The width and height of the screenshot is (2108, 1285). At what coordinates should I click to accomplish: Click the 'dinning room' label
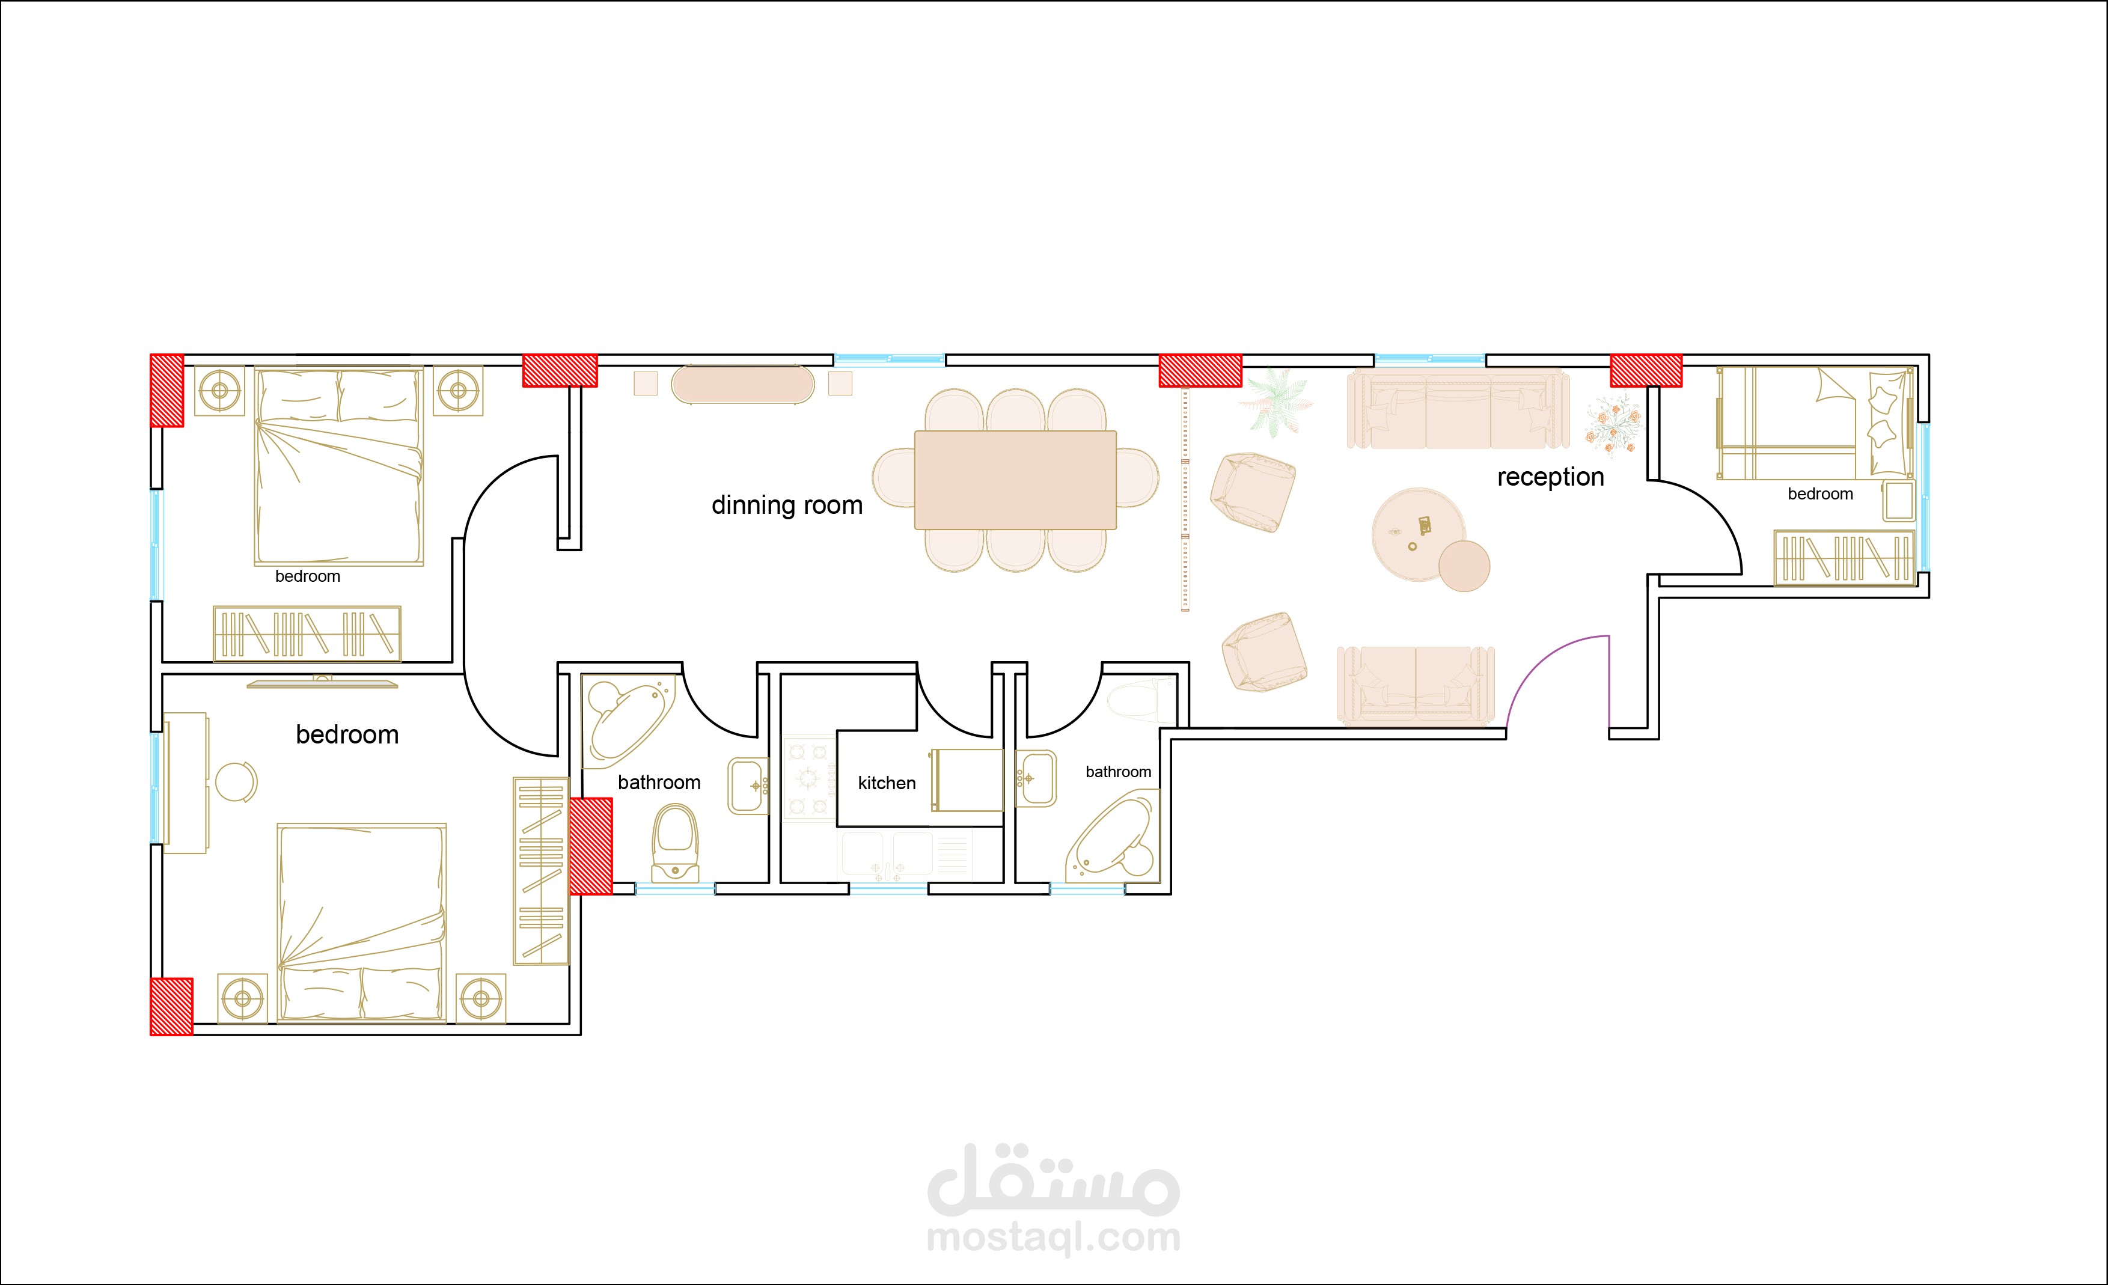pyautogui.click(x=787, y=505)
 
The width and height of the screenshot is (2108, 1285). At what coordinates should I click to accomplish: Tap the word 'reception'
pyautogui.click(x=1550, y=477)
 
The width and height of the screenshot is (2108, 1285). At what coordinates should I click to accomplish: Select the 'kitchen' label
pyautogui.click(x=887, y=783)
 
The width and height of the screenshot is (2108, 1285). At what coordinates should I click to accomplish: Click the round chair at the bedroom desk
pyautogui.click(x=236, y=782)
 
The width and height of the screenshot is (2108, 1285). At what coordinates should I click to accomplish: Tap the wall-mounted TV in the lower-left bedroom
pyautogui.click(x=323, y=683)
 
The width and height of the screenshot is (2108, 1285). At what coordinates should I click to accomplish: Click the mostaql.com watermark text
pyautogui.click(x=1053, y=1237)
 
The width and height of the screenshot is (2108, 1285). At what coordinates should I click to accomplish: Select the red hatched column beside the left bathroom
pyautogui.click(x=590, y=846)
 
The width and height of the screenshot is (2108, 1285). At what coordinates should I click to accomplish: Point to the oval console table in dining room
pyautogui.click(x=742, y=384)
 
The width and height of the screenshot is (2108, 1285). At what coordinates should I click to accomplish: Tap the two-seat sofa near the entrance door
pyautogui.click(x=1416, y=685)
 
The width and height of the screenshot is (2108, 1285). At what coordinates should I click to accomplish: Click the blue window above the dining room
pyautogui.click(x=890, y=360)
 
